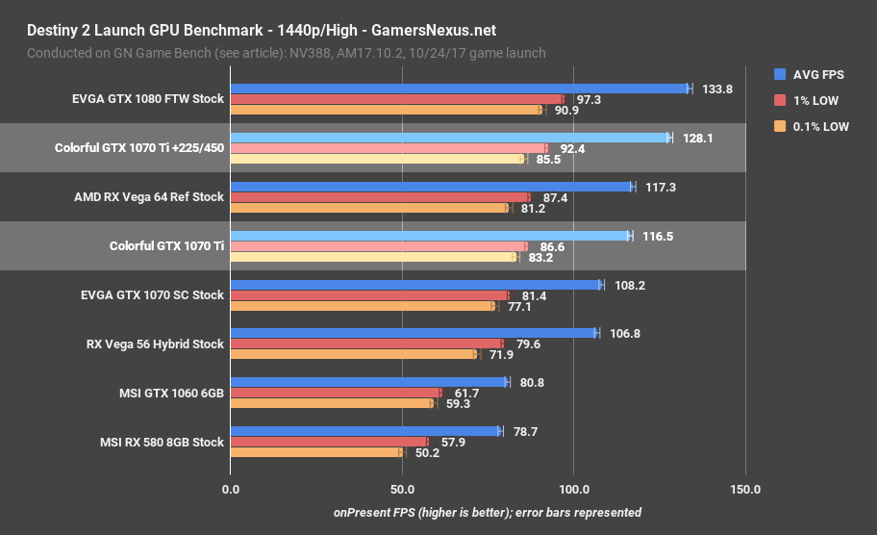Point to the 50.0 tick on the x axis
pos(401,489)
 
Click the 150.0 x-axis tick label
pos(745,489)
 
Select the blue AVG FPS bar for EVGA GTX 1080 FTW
pos(459,89)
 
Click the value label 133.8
pos(717,89)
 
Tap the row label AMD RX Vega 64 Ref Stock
pos(149,196)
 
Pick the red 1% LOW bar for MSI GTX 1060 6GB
pos(336,393)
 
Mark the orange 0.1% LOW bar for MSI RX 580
pos(316,452)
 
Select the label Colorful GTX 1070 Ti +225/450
pos(139,148)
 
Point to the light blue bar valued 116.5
pos(430,235)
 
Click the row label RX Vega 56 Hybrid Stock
pos(155,344)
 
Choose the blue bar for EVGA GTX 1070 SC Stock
pos(415,285)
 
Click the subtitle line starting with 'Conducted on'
pos(286,53)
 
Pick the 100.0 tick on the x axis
pos(573,489)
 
